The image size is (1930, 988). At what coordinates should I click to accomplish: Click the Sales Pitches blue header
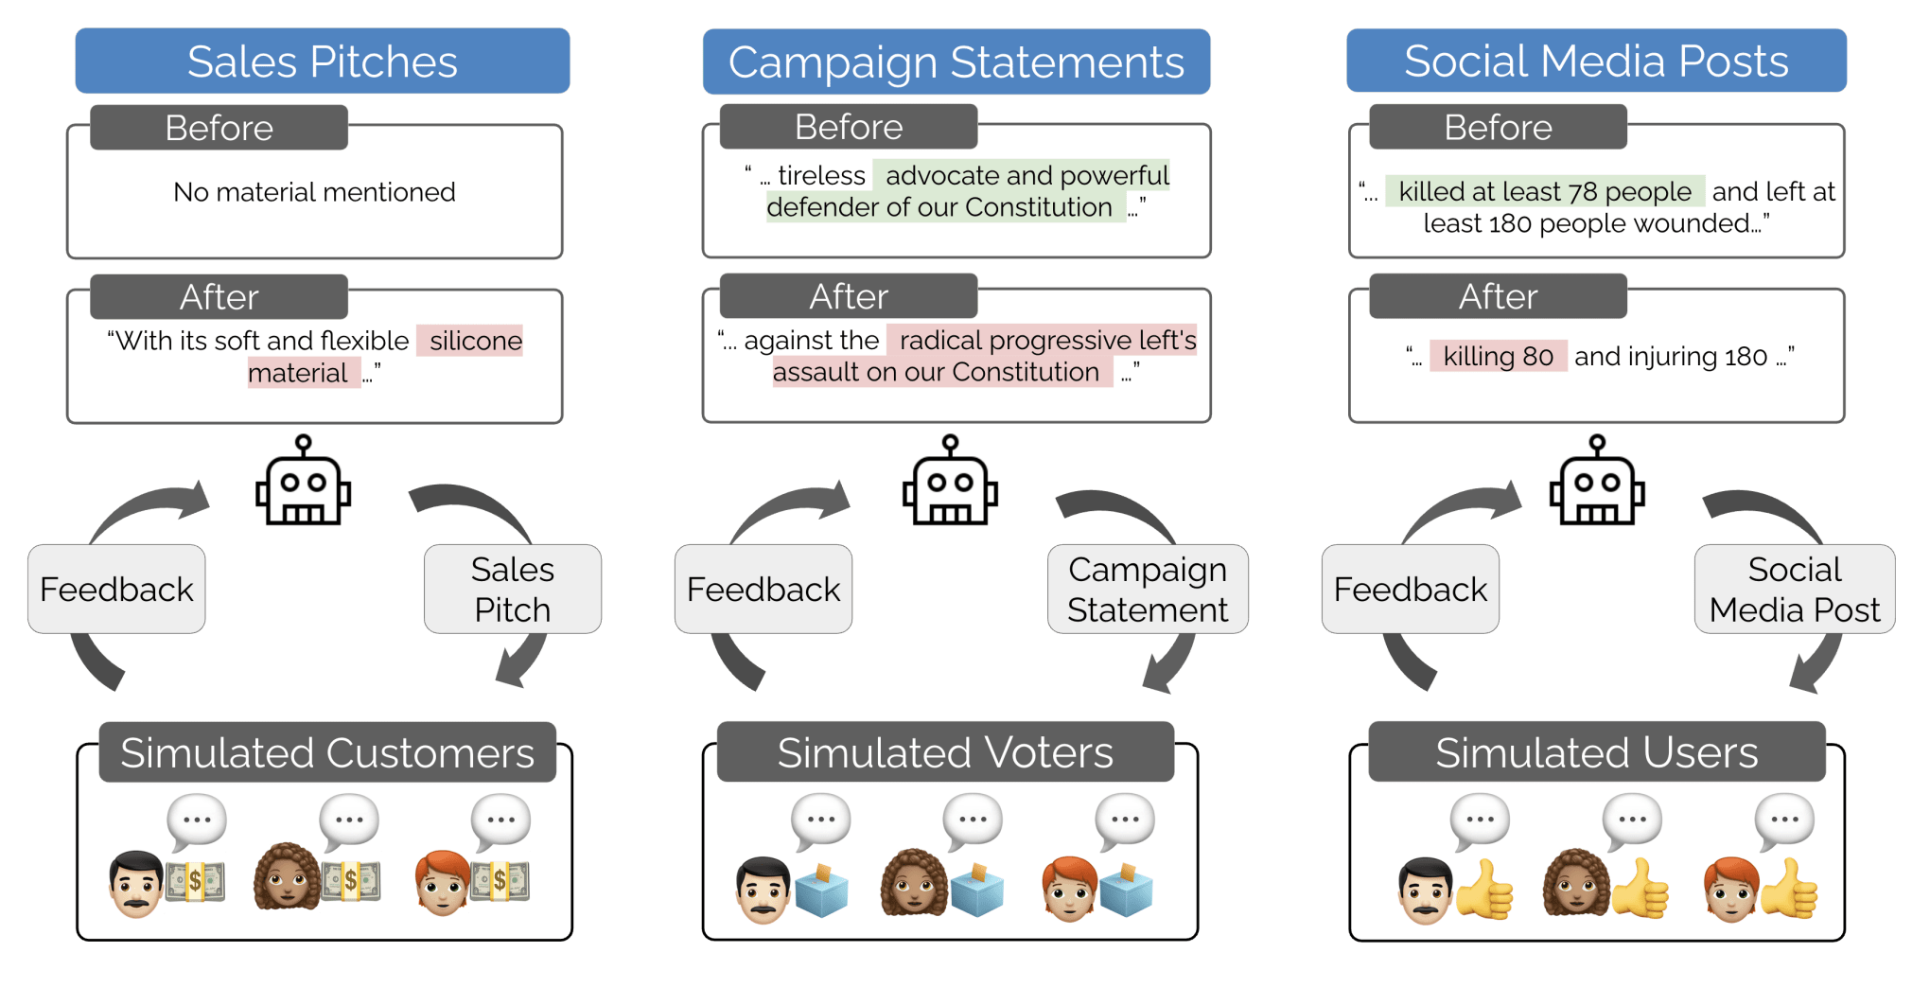tap(322, 62)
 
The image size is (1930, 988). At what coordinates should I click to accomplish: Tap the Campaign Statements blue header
tap(956, 62)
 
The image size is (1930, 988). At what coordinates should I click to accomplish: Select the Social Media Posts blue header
tap(1596, 62)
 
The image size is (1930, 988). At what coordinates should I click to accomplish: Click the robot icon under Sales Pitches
tap(303, 482)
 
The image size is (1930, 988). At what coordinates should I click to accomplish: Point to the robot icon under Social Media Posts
tap(1597, 482)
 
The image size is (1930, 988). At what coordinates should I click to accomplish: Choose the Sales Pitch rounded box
tap(512, 589)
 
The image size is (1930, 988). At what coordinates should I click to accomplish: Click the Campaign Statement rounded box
tap(1148, 589)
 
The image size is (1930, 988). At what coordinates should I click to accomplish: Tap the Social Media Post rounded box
tap(1794, 589)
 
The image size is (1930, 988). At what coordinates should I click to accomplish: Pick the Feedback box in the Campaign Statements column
tap(763, 589)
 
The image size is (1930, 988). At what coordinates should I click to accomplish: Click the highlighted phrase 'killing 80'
tap(1498, 356)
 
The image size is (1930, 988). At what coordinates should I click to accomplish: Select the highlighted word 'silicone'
tap(475, 341)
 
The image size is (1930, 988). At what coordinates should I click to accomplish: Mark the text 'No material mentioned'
tap(314, 192)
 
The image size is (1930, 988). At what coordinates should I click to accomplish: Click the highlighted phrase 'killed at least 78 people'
tap(1544, 191)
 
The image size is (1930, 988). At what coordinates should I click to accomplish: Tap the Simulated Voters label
tap(944, 752)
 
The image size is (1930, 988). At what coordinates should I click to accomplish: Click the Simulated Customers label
tap(327, 752)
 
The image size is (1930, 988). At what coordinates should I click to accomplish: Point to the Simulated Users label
tap(1596, 752)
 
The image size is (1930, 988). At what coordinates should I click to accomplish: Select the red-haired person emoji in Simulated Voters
tap(1069, 889)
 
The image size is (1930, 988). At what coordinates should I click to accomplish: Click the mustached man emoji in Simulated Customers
tap(136, 884)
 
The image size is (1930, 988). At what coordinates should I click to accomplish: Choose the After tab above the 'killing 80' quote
tap(1498, 296)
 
